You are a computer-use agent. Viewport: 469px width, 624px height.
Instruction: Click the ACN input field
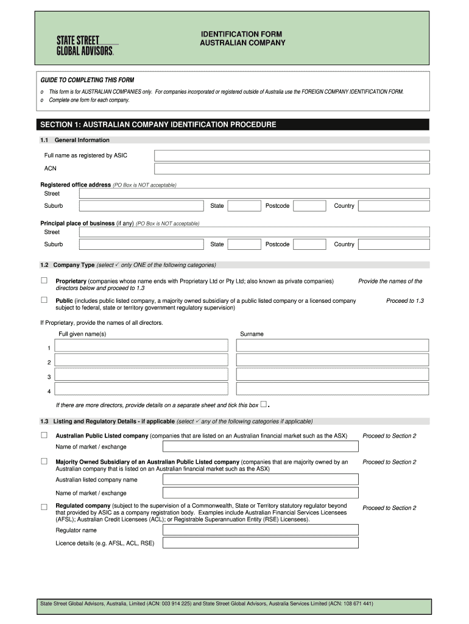[x=292, y=169]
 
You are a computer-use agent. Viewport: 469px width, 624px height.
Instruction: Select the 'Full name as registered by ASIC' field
[x=292, y=155]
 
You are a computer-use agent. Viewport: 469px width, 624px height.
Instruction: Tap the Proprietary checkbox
[x=44, y=281]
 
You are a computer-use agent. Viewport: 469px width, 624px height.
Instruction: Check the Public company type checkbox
[x=44, y=300]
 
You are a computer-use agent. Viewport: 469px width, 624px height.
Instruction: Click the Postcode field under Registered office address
[x=309, y=206]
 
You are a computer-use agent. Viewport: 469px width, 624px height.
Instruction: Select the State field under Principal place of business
[x=244, y=244]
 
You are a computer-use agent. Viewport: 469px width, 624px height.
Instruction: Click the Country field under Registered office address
[x=393, y=206]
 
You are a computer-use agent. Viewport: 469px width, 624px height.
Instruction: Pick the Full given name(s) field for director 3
[x=141, y=375]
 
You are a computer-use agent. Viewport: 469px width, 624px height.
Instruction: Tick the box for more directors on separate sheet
[x=263, y=404]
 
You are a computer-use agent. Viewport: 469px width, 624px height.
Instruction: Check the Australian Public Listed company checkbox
[x=44, y=436]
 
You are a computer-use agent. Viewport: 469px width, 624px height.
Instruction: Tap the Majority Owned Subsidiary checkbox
[x=44, y=462]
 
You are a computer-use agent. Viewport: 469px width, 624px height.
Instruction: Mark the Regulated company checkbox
[x=44, y=507]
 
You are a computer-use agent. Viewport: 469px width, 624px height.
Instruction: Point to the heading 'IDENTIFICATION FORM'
[x=242, y=34]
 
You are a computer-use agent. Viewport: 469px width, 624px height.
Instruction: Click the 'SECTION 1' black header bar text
[x=158, y=125]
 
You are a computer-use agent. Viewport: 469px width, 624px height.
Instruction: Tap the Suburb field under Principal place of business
[x=141, y=244]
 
